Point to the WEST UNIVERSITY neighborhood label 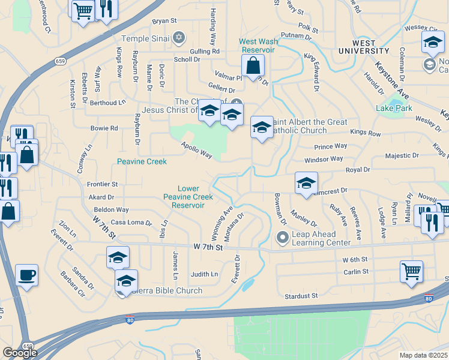(356, 48)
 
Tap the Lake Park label (394, 109)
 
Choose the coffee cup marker (27, 275)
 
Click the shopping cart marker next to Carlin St (412, 271)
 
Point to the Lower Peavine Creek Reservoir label (188, 197)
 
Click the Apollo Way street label (198, 151)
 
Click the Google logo (20, 353)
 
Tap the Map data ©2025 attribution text (423, 355)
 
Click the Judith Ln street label (205, 274)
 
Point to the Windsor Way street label (324, 159)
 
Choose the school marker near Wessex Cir (432, 43)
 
